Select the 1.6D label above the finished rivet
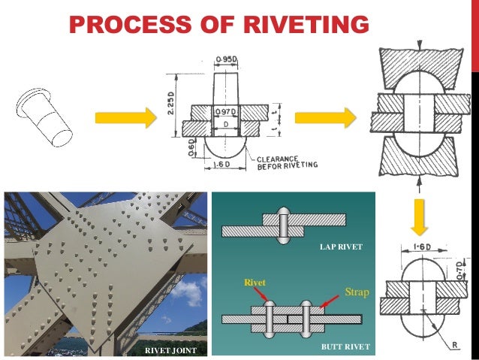coord(420,246)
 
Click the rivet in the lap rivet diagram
coord(283,225)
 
